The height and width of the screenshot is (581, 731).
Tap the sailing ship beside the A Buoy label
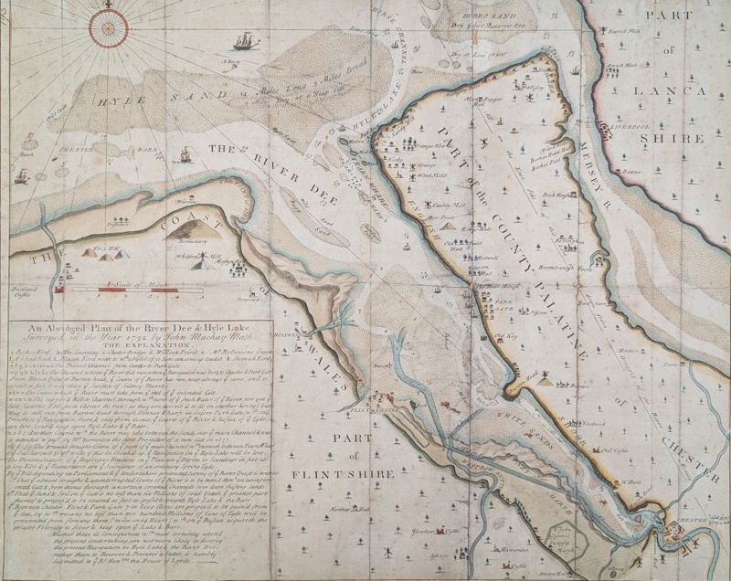(244, 41)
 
